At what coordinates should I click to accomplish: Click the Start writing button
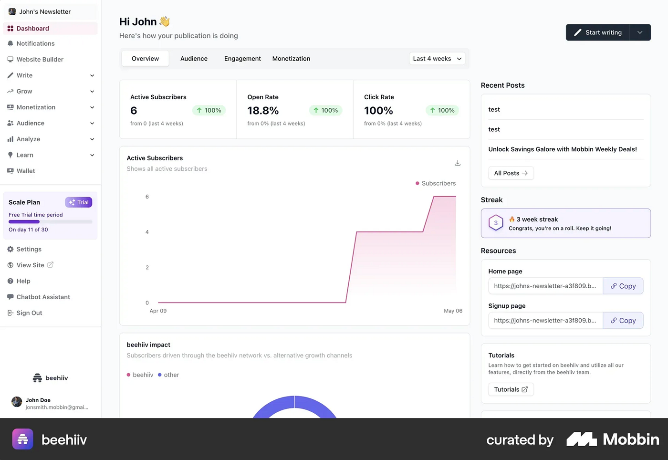point(597,32)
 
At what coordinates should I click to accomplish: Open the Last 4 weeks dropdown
point(437,59)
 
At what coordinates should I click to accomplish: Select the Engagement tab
point(242,59)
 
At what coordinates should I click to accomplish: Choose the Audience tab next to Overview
point(194,59)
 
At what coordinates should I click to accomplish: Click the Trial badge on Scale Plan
point(79,202)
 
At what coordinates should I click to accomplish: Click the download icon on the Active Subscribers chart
point(458,163)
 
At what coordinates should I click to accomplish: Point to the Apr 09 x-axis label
point(158,311)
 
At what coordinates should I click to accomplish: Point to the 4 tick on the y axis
point(147,232)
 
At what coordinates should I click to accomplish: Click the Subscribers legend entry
point(436,183)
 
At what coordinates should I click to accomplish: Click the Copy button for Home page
point(623,286)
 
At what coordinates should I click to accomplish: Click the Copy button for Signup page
point(623,320)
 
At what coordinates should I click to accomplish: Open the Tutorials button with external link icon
point(511,389)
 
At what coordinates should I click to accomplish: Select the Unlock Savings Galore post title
point(563,149)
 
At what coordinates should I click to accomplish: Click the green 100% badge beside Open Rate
point(325,110)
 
